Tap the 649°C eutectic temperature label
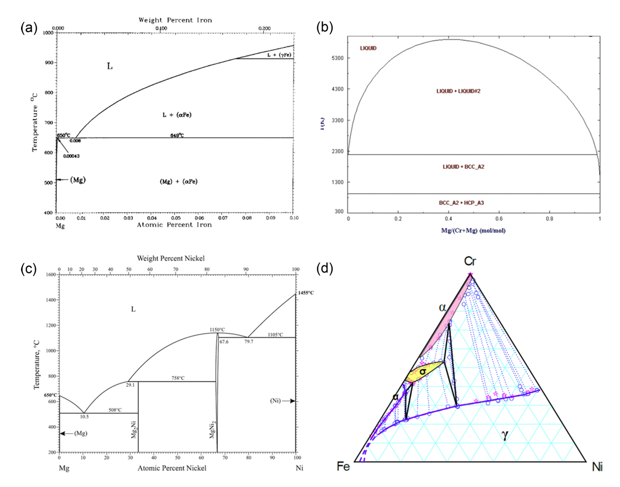(x=177, y=136)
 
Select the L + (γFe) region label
(x=279, y=55)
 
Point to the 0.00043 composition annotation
(x=71, y=156)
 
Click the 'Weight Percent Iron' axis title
(x=175, y=20)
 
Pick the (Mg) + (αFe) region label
(x=178, y=181)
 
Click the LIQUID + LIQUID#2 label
(x=458, y=91)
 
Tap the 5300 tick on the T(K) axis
(x=337, y=58)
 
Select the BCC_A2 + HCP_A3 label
(x=461, y=203)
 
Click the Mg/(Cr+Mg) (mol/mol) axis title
(x=473, y=230)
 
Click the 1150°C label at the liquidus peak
(x=217, y=330)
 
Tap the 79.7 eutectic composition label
(x=249, y=342)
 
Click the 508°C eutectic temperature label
(x=115, y=410)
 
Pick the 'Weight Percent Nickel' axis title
(x=171, y=258)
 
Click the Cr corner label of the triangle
(x=470, y=261)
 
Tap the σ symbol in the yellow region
(x=422, y=372)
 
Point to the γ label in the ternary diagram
(x=505, y=435)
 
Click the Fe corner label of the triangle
(x=343, y=466)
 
